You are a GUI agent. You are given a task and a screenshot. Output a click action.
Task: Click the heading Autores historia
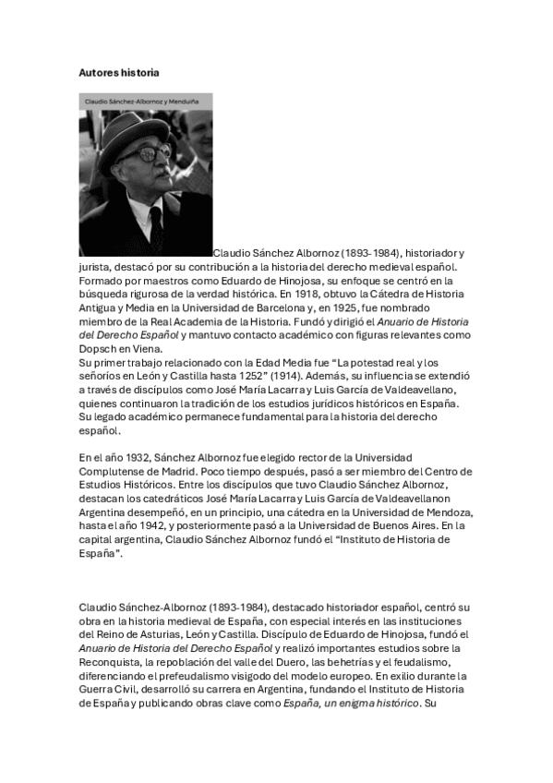pyautogui.click(x=120, y=71)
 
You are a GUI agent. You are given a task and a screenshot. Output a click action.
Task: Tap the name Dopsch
pyautogui.click(x=97, y=349)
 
